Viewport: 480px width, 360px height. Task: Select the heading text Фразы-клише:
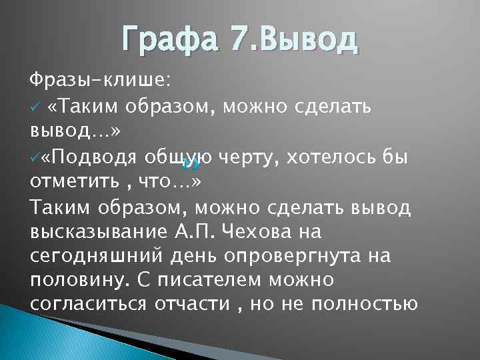pos(101,81)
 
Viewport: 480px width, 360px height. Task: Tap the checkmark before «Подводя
pos(34,157)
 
